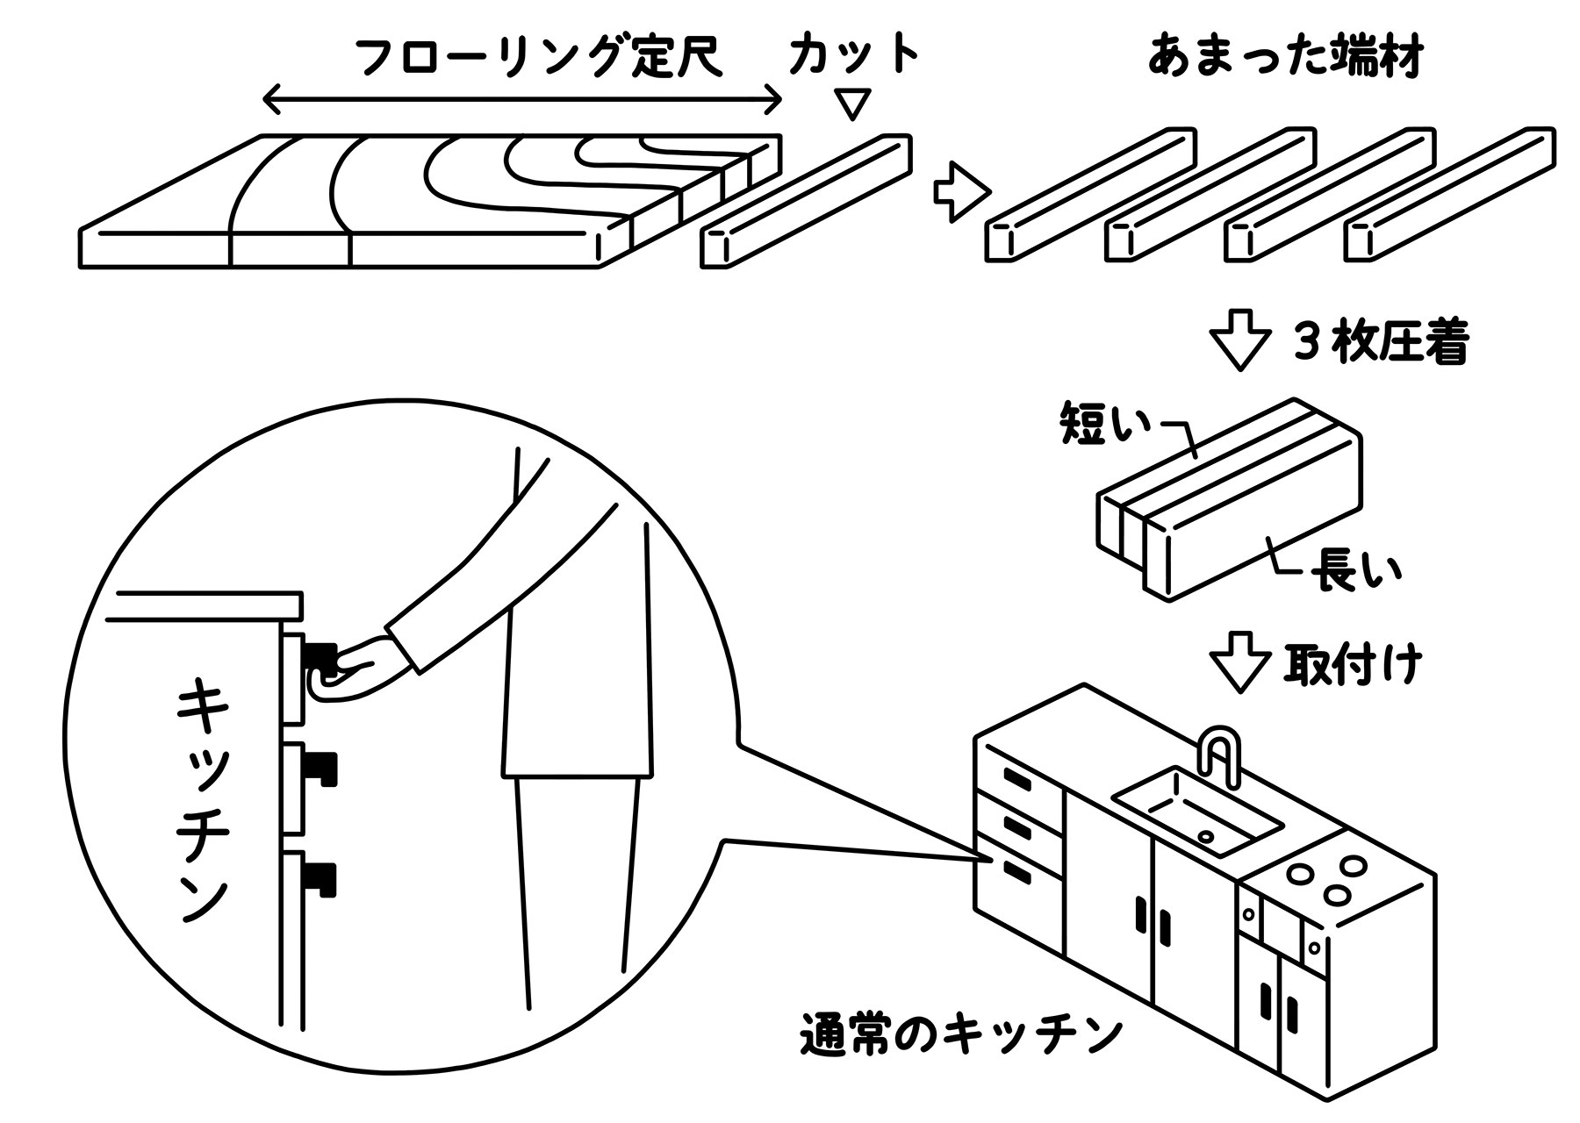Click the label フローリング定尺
click(540, 59)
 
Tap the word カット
click(852, 54)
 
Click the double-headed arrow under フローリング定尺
click(522, 99)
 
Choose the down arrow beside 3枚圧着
click(1240, 346)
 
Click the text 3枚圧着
click(1381, 345)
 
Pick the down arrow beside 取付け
click(1240, 669)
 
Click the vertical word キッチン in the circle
click(204, 803)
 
